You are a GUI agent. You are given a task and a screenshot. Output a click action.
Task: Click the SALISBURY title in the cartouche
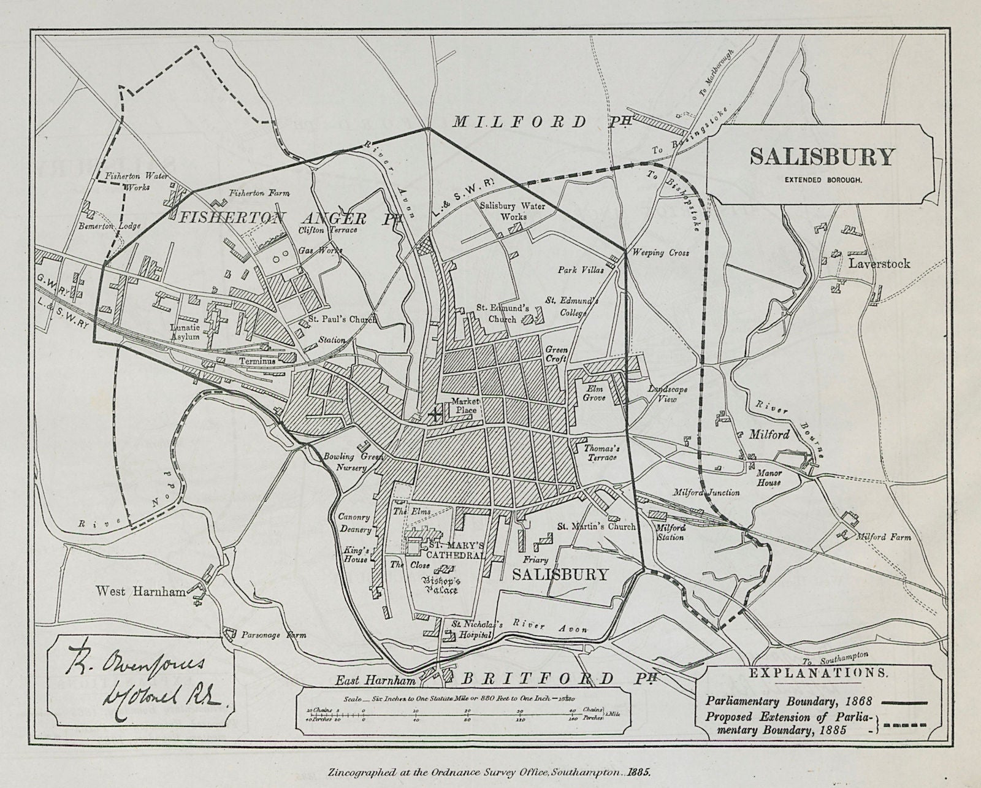coord(822,156)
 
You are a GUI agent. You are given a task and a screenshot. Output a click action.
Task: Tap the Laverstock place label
coord(879,264)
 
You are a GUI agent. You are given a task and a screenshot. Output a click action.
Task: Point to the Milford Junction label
coord(706,492)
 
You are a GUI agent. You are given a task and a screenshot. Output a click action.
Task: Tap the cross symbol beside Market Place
coord(435,415)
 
